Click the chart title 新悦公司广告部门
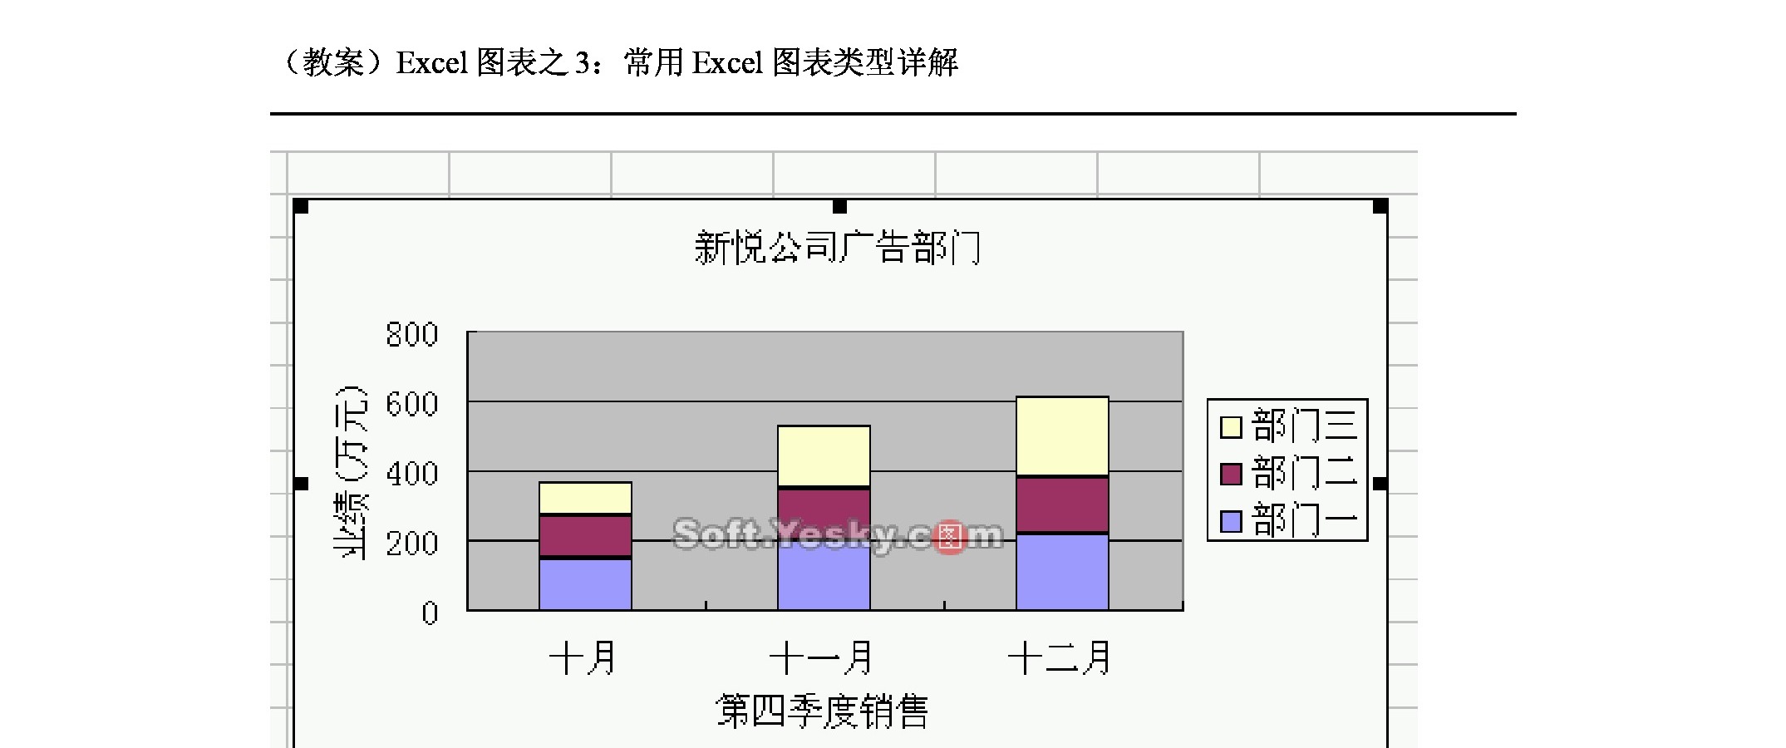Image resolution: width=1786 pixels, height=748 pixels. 837,248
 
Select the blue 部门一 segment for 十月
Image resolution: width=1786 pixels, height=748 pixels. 585,584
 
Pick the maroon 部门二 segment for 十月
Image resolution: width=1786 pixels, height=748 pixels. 585,536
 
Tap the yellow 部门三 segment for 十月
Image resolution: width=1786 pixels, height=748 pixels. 585,498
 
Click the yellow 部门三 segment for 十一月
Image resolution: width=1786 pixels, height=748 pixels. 824,455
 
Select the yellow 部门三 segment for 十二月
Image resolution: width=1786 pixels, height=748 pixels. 1062,436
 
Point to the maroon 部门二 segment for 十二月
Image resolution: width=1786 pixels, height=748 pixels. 1062,504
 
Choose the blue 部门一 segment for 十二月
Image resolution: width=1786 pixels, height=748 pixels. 1062,572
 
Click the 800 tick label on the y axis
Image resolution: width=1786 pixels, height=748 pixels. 412,335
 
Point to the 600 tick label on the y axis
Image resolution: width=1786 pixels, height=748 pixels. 412,405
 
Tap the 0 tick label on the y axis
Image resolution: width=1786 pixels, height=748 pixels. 429,613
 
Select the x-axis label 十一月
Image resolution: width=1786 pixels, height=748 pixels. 822,658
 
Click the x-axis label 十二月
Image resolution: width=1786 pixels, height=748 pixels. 1060,658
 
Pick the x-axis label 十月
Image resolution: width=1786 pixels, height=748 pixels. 583,658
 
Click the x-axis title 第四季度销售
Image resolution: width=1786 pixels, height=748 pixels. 822,711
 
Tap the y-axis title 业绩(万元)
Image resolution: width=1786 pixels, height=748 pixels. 350,472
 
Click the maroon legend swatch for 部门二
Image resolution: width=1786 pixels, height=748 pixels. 1231,474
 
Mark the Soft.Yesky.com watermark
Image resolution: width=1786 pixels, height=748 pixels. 837,535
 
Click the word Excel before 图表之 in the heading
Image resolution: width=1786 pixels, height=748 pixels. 432,63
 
